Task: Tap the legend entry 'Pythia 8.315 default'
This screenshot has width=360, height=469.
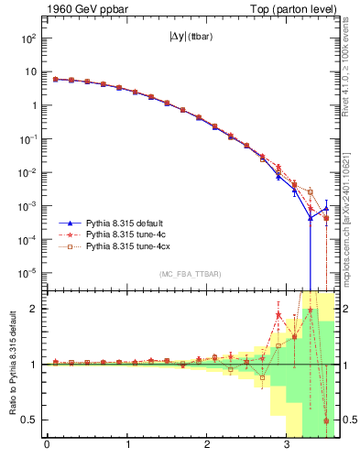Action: coord(125,222)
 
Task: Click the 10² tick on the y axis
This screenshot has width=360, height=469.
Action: coord(27,38)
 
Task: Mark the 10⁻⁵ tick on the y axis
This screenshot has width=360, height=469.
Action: coord(27,273)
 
